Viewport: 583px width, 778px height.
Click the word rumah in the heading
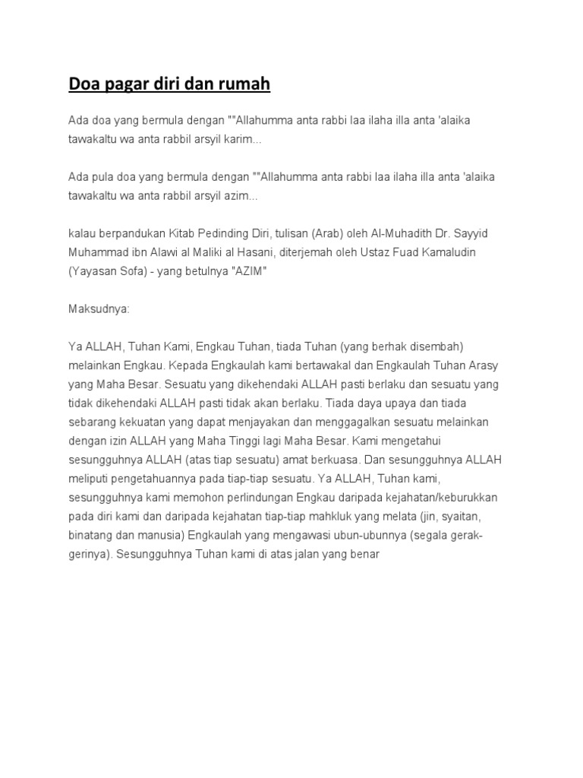tap(244, 84)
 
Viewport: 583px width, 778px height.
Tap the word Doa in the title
tap(83, 84)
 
